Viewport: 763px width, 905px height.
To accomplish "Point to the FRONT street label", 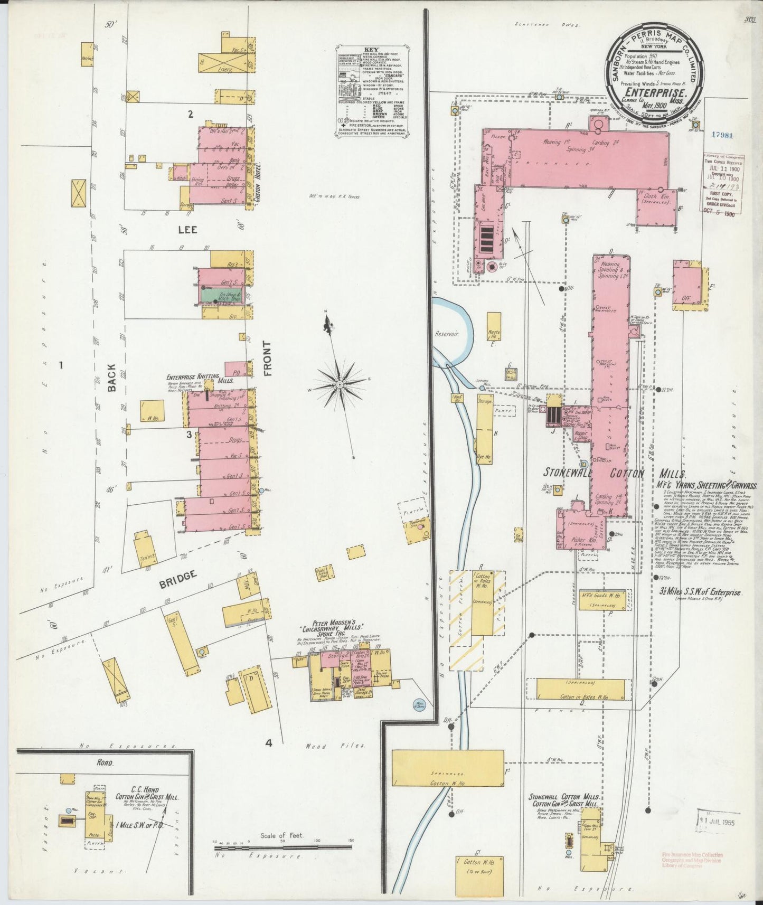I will [266, 359].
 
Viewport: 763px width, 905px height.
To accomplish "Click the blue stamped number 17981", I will [722, 135].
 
